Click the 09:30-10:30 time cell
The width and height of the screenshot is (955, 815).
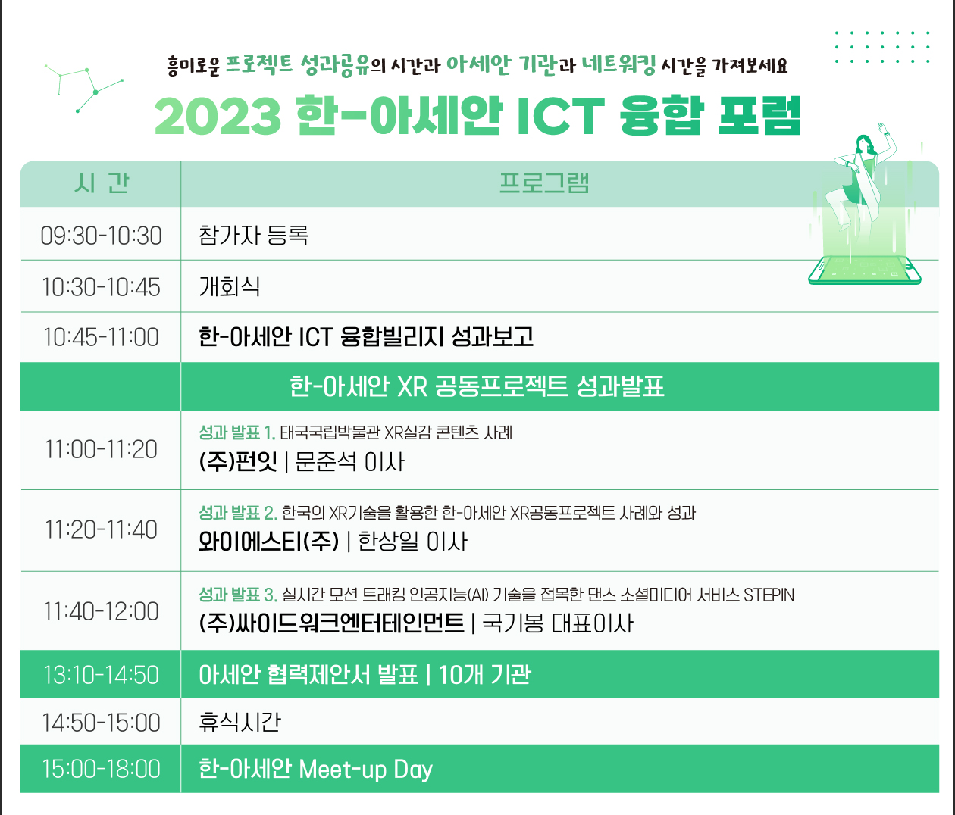point(101,236)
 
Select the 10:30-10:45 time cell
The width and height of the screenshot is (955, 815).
point(101,287)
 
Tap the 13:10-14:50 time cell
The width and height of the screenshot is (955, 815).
point(101,675)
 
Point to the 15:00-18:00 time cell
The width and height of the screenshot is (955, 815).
point(101,769)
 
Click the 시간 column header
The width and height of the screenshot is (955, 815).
point(102,183)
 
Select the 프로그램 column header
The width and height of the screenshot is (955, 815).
point(544,183)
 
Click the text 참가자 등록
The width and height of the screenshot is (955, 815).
point(253,235)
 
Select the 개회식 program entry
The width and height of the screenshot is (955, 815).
point(230,286)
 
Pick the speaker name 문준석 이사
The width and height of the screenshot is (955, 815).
point(349,462)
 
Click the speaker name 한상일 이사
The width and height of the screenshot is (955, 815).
point(412,541)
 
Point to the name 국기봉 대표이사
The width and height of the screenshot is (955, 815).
point(558,623)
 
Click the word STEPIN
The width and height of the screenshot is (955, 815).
point(769,595)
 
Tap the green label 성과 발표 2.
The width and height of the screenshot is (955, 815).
point(238,513)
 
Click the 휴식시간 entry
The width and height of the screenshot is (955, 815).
point(240,722)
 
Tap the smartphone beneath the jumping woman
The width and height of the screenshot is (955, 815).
point(865,270)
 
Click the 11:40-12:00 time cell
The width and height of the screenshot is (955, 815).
point(101,611)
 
